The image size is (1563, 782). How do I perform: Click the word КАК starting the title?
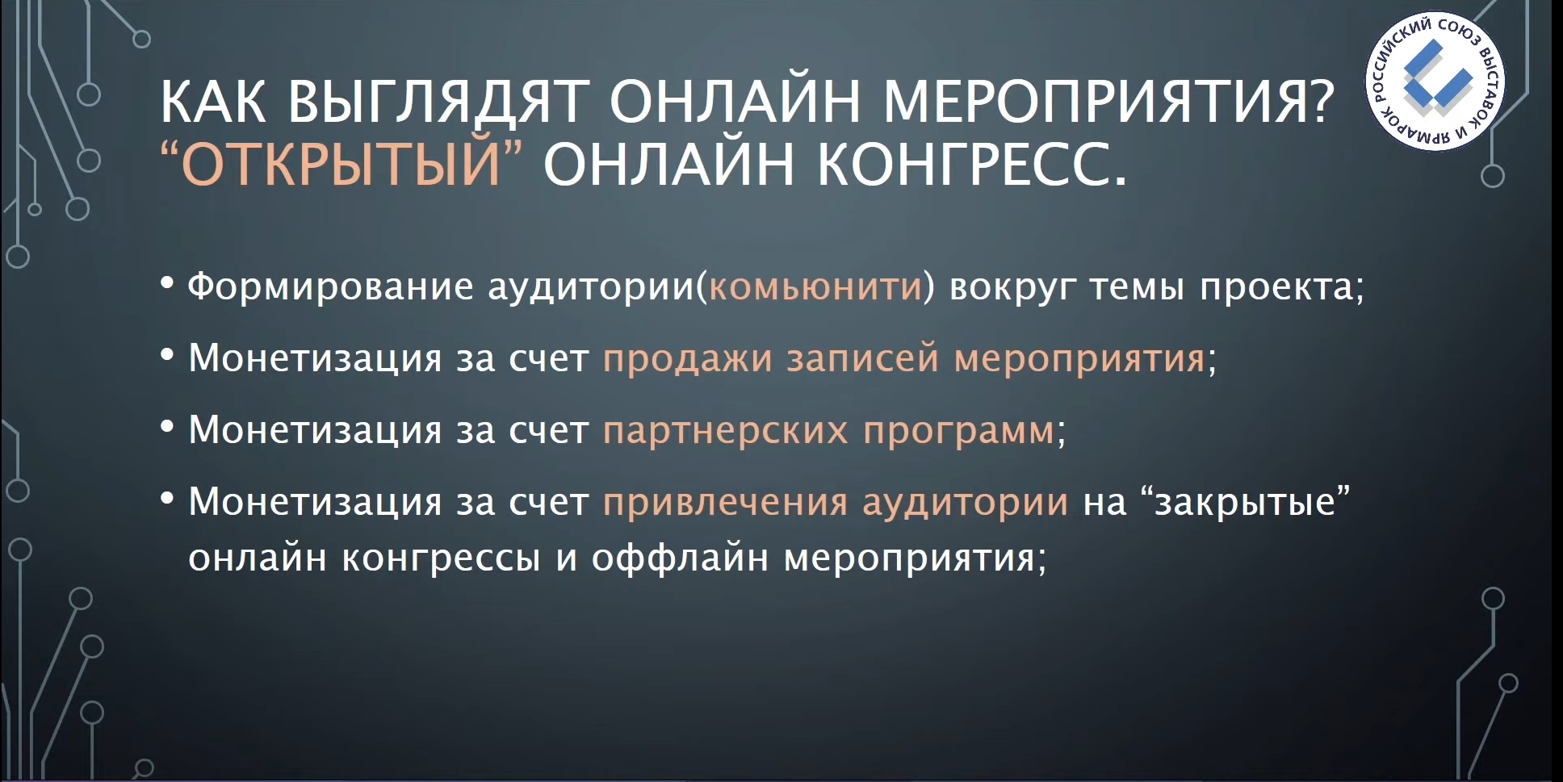point(213,102)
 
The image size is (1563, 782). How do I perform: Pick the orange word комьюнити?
point(815,286)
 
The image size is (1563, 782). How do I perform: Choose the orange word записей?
point(863,358)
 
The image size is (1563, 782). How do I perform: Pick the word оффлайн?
point(680,557)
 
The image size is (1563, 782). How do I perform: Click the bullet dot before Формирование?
point(167,283)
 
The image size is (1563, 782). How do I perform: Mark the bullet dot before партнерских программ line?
point(167,426)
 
